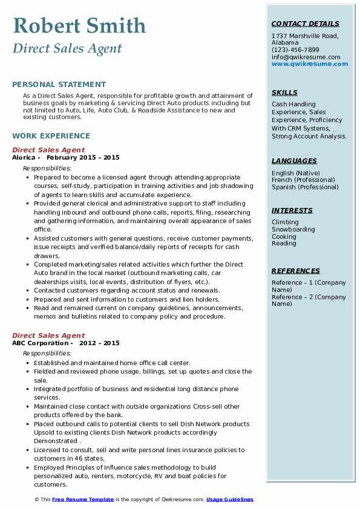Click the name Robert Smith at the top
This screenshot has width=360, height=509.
(x=79, y=26)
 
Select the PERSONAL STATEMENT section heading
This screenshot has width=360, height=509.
(x=59, y=85)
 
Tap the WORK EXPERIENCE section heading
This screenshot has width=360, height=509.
(x=50, y=137)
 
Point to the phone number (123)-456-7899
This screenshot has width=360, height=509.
(x=295, y=50)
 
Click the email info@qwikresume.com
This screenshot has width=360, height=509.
(x=306, y=57)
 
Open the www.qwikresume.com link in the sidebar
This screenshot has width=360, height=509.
(x=310, y=63)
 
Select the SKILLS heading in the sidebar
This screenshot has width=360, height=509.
(x=284, y=93)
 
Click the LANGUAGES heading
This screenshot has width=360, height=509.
(x=294, y=161)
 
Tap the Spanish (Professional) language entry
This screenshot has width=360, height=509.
(x=306, y=187)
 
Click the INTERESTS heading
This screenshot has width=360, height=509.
(x=292, y=210)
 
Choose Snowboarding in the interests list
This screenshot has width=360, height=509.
(x=293, y=230)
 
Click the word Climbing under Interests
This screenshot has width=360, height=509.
(x=286, y=222)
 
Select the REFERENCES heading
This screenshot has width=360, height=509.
(x=295, y=271)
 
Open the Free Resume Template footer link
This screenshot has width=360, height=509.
(x=83, y=500)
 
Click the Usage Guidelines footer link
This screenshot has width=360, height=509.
(x=230, y=500)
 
